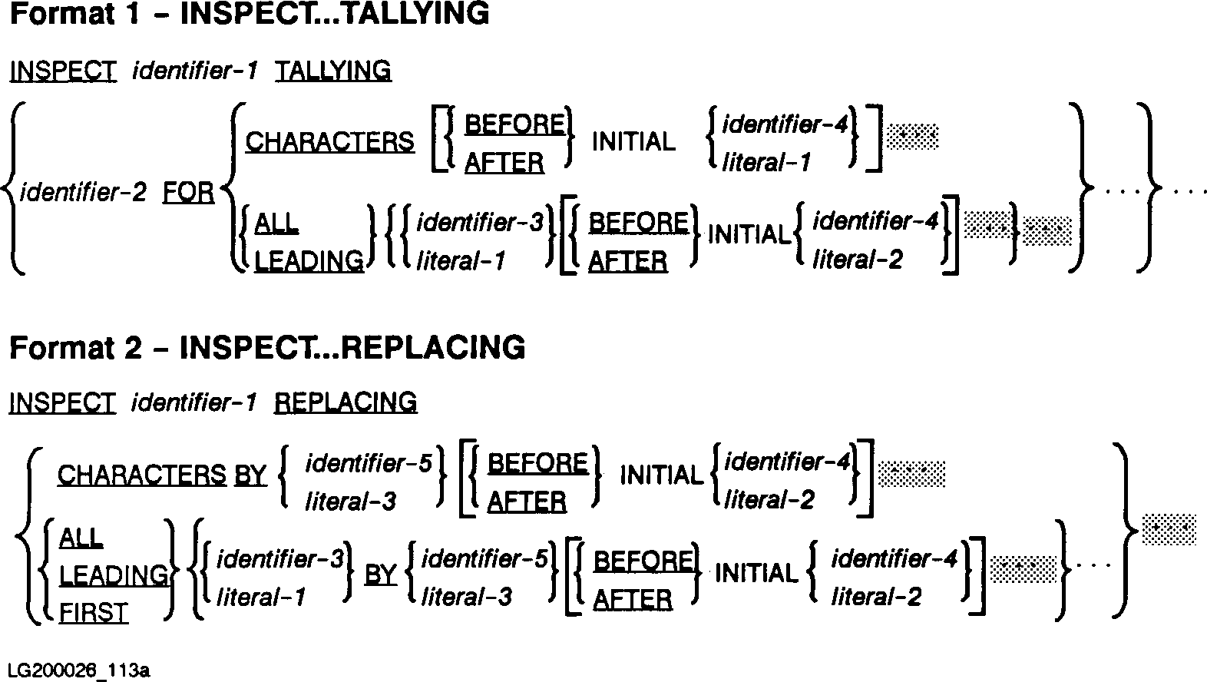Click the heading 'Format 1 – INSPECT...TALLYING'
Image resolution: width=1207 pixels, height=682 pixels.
(x=249, y=14)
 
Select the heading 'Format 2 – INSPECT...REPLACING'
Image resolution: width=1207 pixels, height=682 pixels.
(x=267, y=347)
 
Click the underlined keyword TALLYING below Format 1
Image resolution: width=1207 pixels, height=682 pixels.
(x=332, y=71)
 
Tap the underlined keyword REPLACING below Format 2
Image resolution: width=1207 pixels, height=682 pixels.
(x=346, y=402)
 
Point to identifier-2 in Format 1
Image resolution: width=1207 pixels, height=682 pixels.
(x=83, y=192)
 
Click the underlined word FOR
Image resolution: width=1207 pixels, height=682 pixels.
(x=189, y=192)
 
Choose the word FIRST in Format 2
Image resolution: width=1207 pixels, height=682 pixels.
(x=94, y=613)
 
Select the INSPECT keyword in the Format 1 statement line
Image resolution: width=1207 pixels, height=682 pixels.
(x=63, y=71)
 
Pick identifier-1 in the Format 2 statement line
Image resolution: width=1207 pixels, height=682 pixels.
(x=193, y=402)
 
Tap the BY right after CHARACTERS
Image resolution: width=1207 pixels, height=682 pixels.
(x=250, y=475)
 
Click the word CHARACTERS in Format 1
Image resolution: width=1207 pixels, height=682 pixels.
(x=329, y=142)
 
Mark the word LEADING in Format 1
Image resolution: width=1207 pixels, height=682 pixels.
(x=309, y=261)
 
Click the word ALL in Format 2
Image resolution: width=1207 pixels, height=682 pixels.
(x=81, y=538)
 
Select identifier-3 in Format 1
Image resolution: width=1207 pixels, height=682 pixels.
(x=479, y=223)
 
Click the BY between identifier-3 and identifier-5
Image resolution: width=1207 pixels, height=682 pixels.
(x=380, y=574)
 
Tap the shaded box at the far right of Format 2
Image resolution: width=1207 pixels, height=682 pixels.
(x=1169, y=528)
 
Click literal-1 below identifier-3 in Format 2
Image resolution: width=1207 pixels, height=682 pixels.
(x=261, y=597)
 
